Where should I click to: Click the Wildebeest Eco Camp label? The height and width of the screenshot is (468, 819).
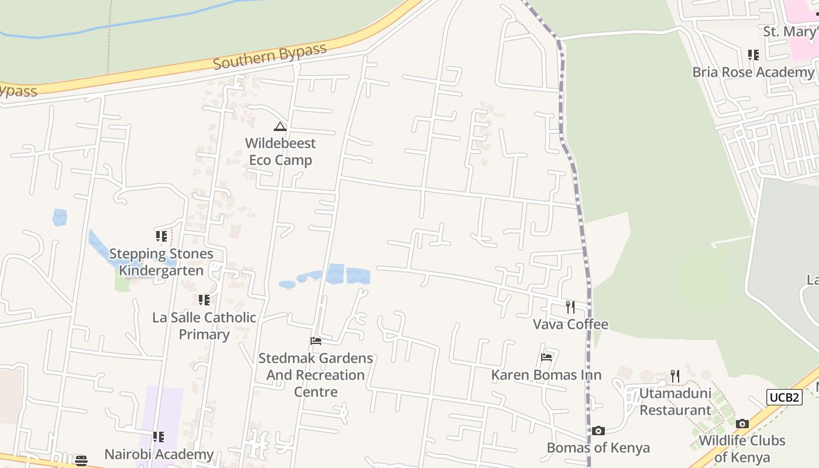pos(280,152)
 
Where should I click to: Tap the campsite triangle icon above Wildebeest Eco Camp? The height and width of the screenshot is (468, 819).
pos(280,126)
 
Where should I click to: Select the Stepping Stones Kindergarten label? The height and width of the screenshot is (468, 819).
pos(161,262)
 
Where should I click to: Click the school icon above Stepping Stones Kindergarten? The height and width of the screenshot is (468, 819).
pos(161,236)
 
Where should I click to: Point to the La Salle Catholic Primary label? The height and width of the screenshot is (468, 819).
pos(204,326)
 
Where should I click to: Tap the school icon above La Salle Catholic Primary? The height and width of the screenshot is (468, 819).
pos(204,300)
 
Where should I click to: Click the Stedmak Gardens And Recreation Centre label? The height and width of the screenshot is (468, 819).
pos(316,374)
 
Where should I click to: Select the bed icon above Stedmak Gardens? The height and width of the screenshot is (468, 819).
pos(316,341)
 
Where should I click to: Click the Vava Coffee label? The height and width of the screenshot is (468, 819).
pos(570,324)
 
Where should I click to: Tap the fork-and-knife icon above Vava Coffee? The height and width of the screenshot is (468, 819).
pos(570,307)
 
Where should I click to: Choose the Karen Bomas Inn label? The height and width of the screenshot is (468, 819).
pos(546,375)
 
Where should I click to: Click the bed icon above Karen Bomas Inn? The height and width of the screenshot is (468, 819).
pos(546,357)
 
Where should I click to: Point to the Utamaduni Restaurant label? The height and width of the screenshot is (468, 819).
pos(675,401)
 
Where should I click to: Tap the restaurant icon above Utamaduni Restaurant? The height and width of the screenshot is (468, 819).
pos(675,376)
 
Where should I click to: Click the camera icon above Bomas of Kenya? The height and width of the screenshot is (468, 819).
pos(598,431)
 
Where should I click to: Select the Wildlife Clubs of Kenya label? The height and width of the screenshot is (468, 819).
pos(742,449)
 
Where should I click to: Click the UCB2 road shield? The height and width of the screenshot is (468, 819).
pos(784,398)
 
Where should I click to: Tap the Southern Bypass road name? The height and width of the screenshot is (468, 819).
pos(269,56)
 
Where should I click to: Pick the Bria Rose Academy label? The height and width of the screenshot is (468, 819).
pos(753,72)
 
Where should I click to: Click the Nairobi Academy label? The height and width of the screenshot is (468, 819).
pos(159,455)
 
